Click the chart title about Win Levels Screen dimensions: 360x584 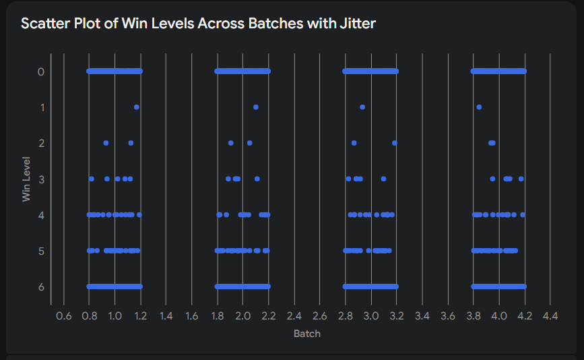[198, 24]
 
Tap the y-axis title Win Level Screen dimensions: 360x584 [27, 179]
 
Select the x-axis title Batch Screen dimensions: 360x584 [307, 334]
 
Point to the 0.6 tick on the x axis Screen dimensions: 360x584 [63, 316]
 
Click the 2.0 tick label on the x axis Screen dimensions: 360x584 [242, 316]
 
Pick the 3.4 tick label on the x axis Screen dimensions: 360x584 [422, 316]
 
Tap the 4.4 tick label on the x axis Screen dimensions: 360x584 [550, 316]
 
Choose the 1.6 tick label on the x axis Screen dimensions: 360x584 [191, 316]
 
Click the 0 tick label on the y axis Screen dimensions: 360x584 [41, 71]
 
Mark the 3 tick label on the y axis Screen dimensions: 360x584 [41, 179]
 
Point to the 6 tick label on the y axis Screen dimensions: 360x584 [41, 287]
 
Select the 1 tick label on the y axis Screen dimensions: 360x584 [41, 107]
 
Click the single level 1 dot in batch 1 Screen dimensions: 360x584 [137, 107]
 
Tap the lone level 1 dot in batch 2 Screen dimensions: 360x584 [256, 107]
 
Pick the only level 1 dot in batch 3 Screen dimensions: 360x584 [362, 107]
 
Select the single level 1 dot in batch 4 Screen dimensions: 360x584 [479, 107]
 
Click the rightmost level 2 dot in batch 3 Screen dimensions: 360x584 [394, 143]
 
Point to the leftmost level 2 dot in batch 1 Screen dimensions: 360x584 [106, 143]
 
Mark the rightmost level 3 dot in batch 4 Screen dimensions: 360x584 [521, 179]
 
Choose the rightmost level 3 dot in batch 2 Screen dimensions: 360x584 [257, 179]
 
